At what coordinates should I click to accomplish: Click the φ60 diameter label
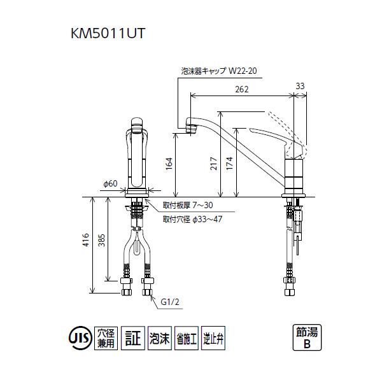point(111,184)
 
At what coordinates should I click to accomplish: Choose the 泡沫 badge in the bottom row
point(157,337)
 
